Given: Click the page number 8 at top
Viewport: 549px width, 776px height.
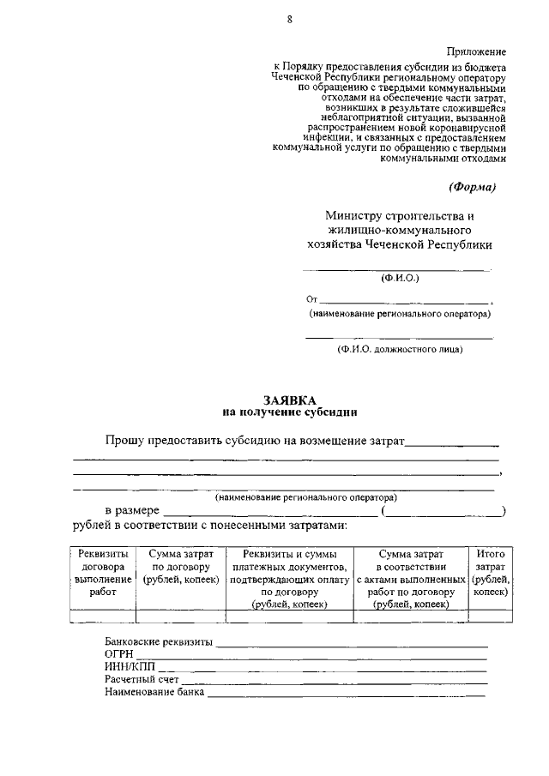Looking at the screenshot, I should pos(290,20).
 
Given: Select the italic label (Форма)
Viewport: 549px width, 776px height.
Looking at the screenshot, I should pos(472,187).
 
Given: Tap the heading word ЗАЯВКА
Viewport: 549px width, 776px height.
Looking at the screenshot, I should pos(289,400).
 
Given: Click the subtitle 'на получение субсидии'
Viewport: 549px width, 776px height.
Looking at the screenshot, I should pos(289,412).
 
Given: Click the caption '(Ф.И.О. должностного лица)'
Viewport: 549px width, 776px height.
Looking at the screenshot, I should pos(400,349).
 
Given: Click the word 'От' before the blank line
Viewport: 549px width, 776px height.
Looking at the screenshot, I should pos(312,300).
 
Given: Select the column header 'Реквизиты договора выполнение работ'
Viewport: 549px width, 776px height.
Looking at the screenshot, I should pos(102,573).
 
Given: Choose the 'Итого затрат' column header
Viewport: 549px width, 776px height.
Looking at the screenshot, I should pos(490,573).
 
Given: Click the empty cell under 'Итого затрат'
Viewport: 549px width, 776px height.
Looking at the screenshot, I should pos(490,616).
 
